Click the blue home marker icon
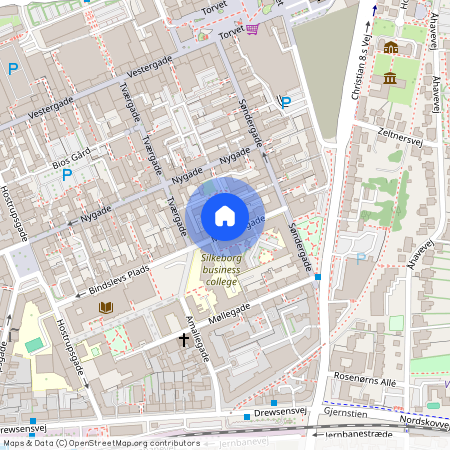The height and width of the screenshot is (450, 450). point(225,216)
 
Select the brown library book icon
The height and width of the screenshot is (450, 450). point(106,308)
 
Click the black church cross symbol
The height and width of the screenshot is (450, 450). point(183,340)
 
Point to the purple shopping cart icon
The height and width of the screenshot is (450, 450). point(252,29)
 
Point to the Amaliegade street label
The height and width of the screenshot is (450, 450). point(195,340)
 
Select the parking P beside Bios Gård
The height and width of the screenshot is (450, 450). point(67,175)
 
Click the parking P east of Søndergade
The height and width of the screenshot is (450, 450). point(286,102)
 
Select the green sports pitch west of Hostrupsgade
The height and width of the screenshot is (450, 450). point(34,345)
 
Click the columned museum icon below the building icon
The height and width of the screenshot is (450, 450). point(388,78)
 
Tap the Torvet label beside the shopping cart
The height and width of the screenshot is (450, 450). point(228,30)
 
